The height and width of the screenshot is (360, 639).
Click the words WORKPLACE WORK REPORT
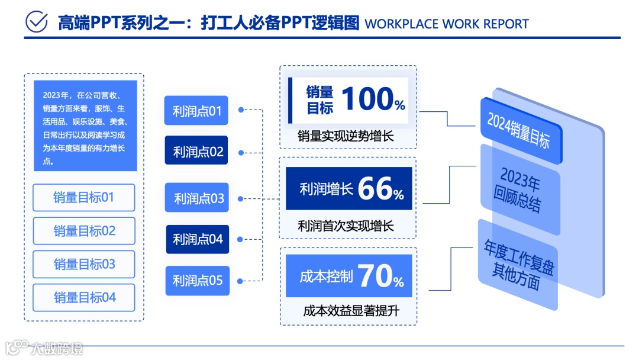[447, 24]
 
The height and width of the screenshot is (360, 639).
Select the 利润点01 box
[196, 111]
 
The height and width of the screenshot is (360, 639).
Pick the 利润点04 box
[197, 239]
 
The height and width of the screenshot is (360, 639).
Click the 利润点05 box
[197, 281]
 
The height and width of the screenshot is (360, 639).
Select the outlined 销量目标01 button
[83, 198]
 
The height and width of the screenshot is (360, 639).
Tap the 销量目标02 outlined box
[83, 231]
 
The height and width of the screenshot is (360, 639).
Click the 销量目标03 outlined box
[83, 264]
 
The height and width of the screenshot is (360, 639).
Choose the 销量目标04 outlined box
[83, 297]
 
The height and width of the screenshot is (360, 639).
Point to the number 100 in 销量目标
[367, 99]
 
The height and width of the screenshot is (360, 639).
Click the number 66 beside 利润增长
[375, 189]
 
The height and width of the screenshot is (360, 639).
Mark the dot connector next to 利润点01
[241, 110]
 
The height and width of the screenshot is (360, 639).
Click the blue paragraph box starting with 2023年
[85, 126]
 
